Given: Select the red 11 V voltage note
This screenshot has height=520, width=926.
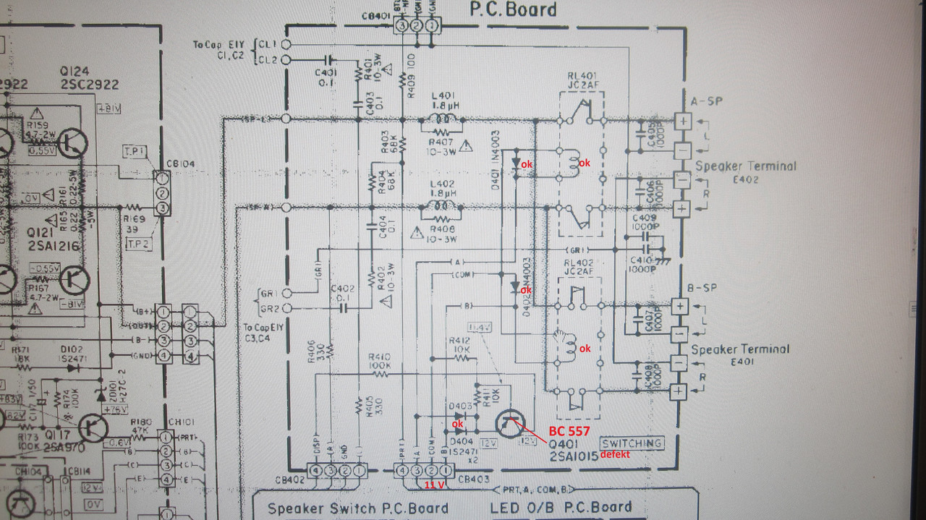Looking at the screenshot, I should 434,485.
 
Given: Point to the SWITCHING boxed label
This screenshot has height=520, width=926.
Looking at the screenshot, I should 631,443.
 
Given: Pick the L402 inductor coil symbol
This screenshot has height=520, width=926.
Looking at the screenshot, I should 441,210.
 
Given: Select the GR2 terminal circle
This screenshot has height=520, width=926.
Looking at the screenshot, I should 286,308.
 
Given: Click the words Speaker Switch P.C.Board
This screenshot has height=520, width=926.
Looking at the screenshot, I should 358,508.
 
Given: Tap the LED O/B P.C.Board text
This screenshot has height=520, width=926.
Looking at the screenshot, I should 561,507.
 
